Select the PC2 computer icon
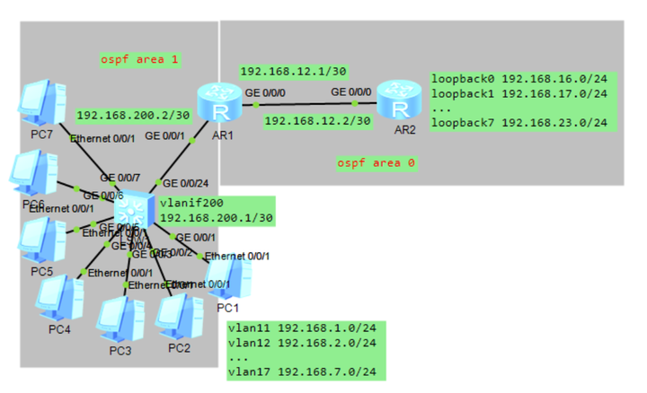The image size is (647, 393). [178, 317]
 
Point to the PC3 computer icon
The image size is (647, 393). [118, 319]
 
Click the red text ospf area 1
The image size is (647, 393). [140, 60]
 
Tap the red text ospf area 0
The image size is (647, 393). [377, 163]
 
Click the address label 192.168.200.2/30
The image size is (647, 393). [132, 115]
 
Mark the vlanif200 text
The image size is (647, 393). [185, 204]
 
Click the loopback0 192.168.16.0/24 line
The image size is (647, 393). [518, 79]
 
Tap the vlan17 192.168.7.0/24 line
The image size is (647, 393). [301, 371]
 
